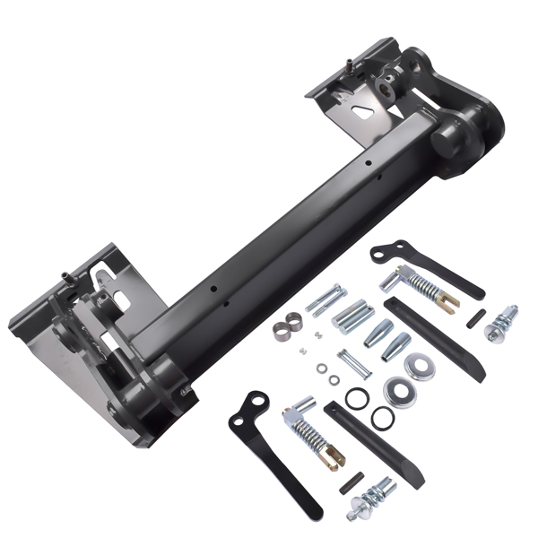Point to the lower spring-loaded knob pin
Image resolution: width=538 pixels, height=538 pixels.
click(376, 493)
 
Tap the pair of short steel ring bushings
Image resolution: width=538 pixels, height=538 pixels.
click(288, 324)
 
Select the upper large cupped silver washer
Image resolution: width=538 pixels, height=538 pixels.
click(419, 364)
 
